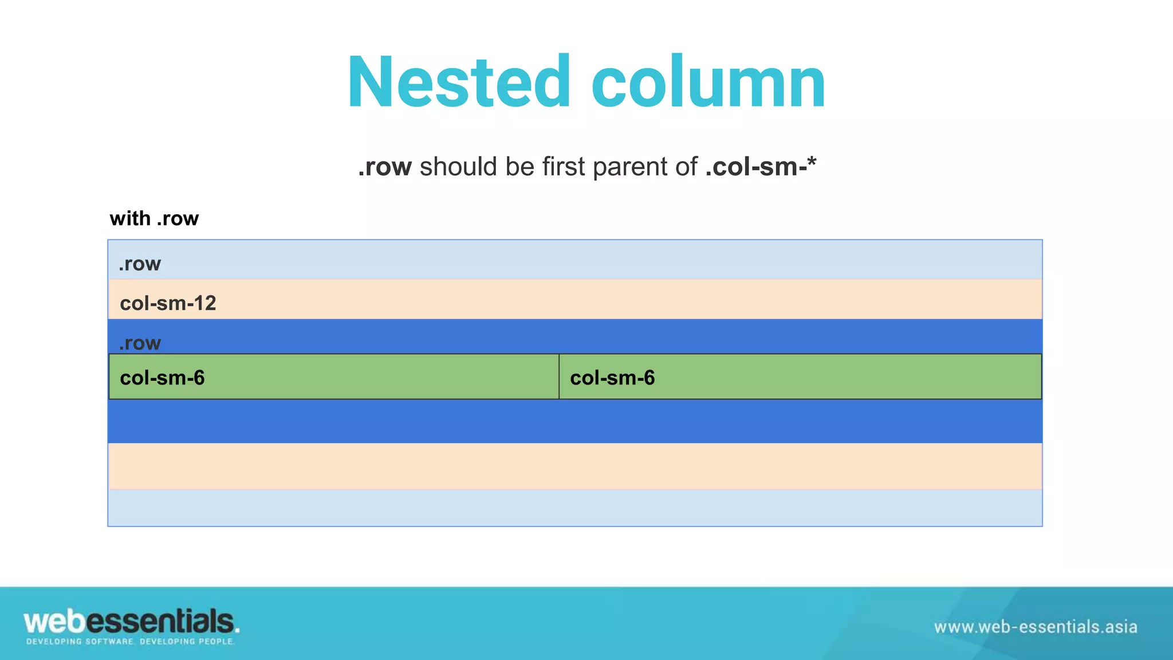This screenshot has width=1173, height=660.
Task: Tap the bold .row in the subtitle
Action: pos(384,167)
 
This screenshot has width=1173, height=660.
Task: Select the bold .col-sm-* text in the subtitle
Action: pos(761,167)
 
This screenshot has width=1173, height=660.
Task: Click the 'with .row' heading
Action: pos(154,218)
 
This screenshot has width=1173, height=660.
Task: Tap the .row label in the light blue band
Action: pos(140,264)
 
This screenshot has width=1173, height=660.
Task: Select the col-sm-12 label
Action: pos(168,303)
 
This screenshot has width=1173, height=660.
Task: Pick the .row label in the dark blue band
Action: pos(140,343)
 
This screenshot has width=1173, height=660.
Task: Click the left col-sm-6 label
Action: pos(162,378)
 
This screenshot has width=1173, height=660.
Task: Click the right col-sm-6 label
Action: pos(612,378)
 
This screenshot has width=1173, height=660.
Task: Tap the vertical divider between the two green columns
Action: pos(559,376)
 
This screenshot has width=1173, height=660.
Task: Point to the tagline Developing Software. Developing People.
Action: pos(130,642)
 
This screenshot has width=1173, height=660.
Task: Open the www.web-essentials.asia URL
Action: pos(1036,627)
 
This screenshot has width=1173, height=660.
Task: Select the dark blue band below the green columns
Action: pos(575,421)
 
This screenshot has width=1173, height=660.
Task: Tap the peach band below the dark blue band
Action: pos(575,466)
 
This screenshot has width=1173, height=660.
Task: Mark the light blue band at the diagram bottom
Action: pos(575,508)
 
